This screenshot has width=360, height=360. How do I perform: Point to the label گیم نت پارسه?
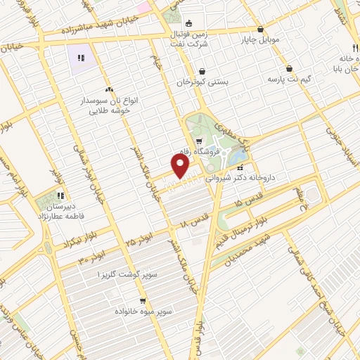coord(289,82)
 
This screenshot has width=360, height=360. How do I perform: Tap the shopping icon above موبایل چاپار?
coord(261,29)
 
